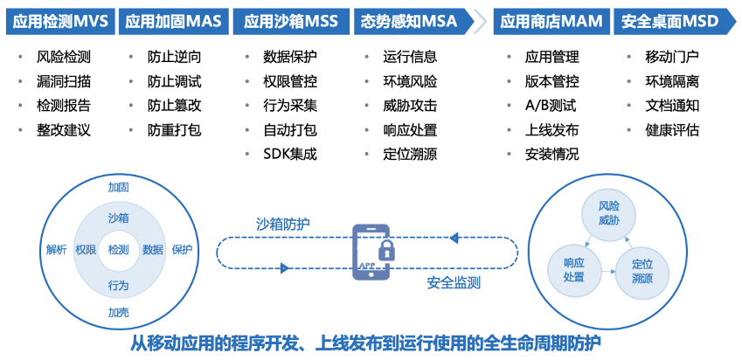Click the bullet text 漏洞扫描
click(64, 82)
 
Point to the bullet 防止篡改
click(174, 106)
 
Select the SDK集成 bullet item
click(289, 155)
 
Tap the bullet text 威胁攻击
click(410, 106)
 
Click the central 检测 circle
click(118, 250)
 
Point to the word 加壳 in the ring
click(118, 312)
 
